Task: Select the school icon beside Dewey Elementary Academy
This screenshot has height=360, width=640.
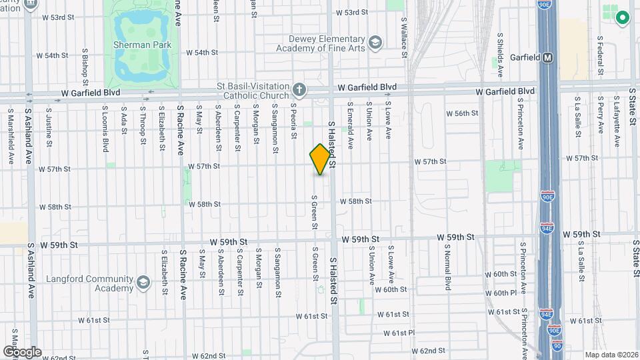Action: [x=375, y=43]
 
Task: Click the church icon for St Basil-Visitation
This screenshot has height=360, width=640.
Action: [x=300, y=89]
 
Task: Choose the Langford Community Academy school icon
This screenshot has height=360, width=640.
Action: [x=143, y=283]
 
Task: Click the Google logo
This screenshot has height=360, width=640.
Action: [x=22, y=351]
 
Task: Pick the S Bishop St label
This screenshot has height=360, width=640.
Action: [x=85, y=67]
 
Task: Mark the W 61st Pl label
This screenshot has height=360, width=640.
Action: [x=400, y=333]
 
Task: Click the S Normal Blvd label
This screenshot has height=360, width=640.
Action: [x=449, y=267]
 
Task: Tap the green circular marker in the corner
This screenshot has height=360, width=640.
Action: [x=623, y=18]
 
